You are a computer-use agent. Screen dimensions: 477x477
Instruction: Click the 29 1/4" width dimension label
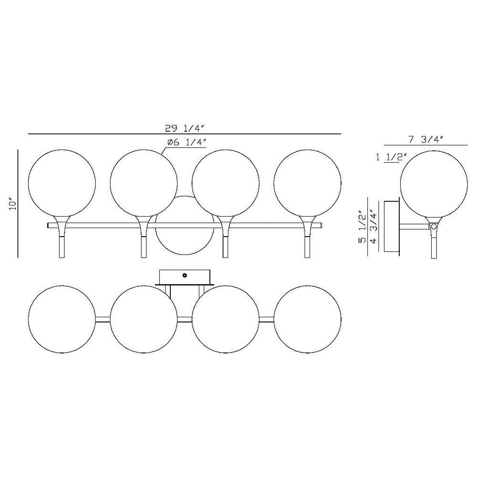[x=184, y=129]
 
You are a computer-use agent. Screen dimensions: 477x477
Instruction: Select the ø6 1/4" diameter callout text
[x=187, y=142]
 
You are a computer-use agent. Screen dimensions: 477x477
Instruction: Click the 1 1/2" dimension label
[x=392, y=157]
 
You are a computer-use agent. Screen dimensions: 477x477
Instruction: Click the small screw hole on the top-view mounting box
[x=185, y=276]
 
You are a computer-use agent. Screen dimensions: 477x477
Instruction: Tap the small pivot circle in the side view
[x=434, y=226]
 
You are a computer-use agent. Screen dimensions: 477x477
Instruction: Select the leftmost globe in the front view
[x=62, y=183]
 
